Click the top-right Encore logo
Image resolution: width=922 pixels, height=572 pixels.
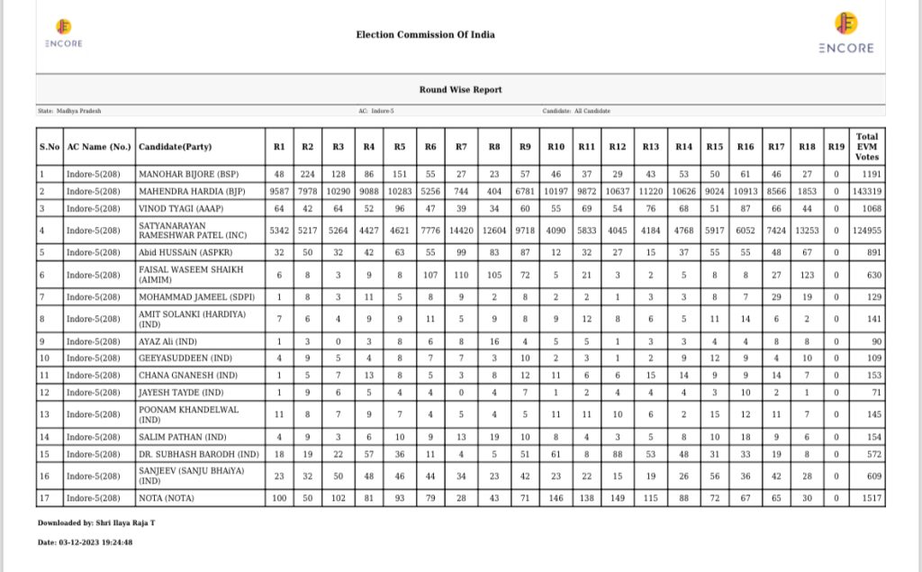[x=845, y=33]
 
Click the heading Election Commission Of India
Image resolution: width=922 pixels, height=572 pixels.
[x=425, y=35]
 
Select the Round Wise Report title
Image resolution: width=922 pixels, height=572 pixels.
[x=460, y=90]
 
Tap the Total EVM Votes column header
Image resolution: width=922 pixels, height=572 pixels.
[x=866, y=147]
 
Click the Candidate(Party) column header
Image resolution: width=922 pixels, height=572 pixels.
[x=175, y=147]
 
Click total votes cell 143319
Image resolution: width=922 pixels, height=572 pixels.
[x=866, y=191]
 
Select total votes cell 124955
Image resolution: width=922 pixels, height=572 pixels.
[x=866, y=231]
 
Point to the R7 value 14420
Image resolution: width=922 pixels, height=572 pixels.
[x=461, y=231]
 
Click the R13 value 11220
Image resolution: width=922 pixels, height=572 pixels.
[x=650, y=191]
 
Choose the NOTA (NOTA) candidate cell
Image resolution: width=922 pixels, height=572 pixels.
[x=167, y=498]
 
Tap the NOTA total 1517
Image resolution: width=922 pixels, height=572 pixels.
[x=866, y=498]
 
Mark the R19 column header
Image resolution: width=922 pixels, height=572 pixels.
[x=836, y=147]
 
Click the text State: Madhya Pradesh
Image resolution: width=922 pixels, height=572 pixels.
[x=69, y=111]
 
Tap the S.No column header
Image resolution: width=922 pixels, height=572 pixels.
[x=50, y=147]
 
